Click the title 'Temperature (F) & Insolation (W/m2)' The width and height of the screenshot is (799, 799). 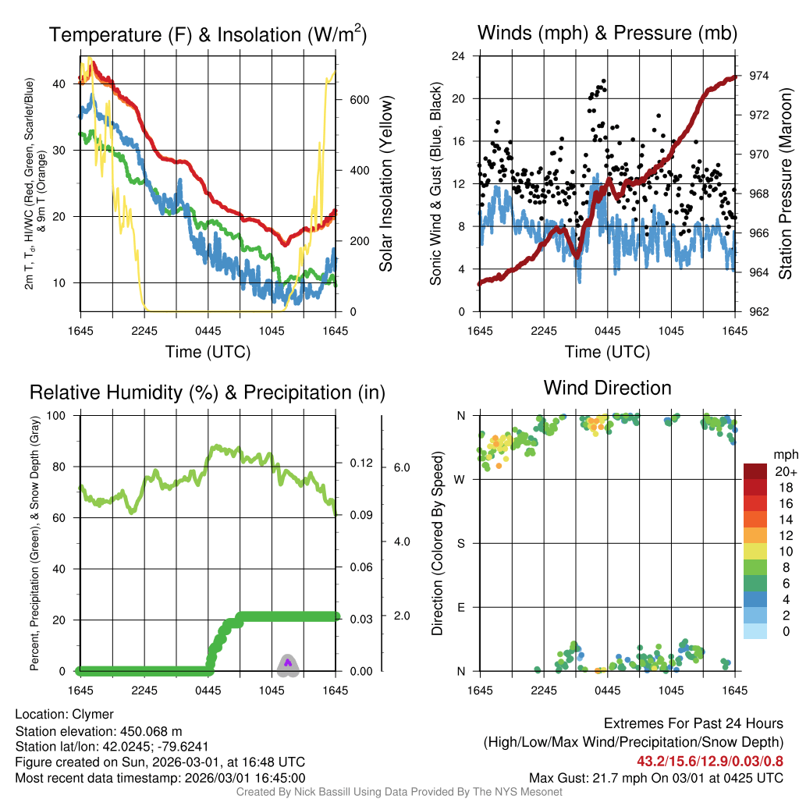208,34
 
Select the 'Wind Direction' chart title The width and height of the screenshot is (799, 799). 607,388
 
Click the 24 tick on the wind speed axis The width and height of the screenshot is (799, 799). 459,56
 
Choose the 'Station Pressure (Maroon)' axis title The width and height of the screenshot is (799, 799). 785,184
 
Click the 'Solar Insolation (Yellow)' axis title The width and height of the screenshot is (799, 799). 385,184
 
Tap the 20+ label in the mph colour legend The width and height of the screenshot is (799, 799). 785,472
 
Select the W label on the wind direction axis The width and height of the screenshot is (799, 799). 460,479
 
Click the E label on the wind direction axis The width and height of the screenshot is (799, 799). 460,607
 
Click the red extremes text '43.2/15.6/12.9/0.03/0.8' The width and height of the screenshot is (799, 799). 710,761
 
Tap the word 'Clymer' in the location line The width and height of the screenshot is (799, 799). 93,714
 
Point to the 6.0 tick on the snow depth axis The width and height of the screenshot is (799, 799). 401,467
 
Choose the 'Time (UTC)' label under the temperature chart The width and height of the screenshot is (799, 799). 208,352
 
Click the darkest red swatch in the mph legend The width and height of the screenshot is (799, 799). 756,471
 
